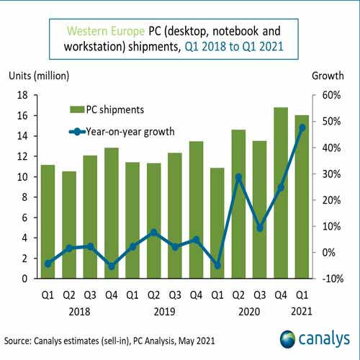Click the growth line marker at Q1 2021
[302, 127]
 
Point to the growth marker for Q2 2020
[239, 176]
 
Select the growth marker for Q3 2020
[260, 228]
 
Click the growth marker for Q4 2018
[112, 266]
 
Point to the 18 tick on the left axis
[23, 95]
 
